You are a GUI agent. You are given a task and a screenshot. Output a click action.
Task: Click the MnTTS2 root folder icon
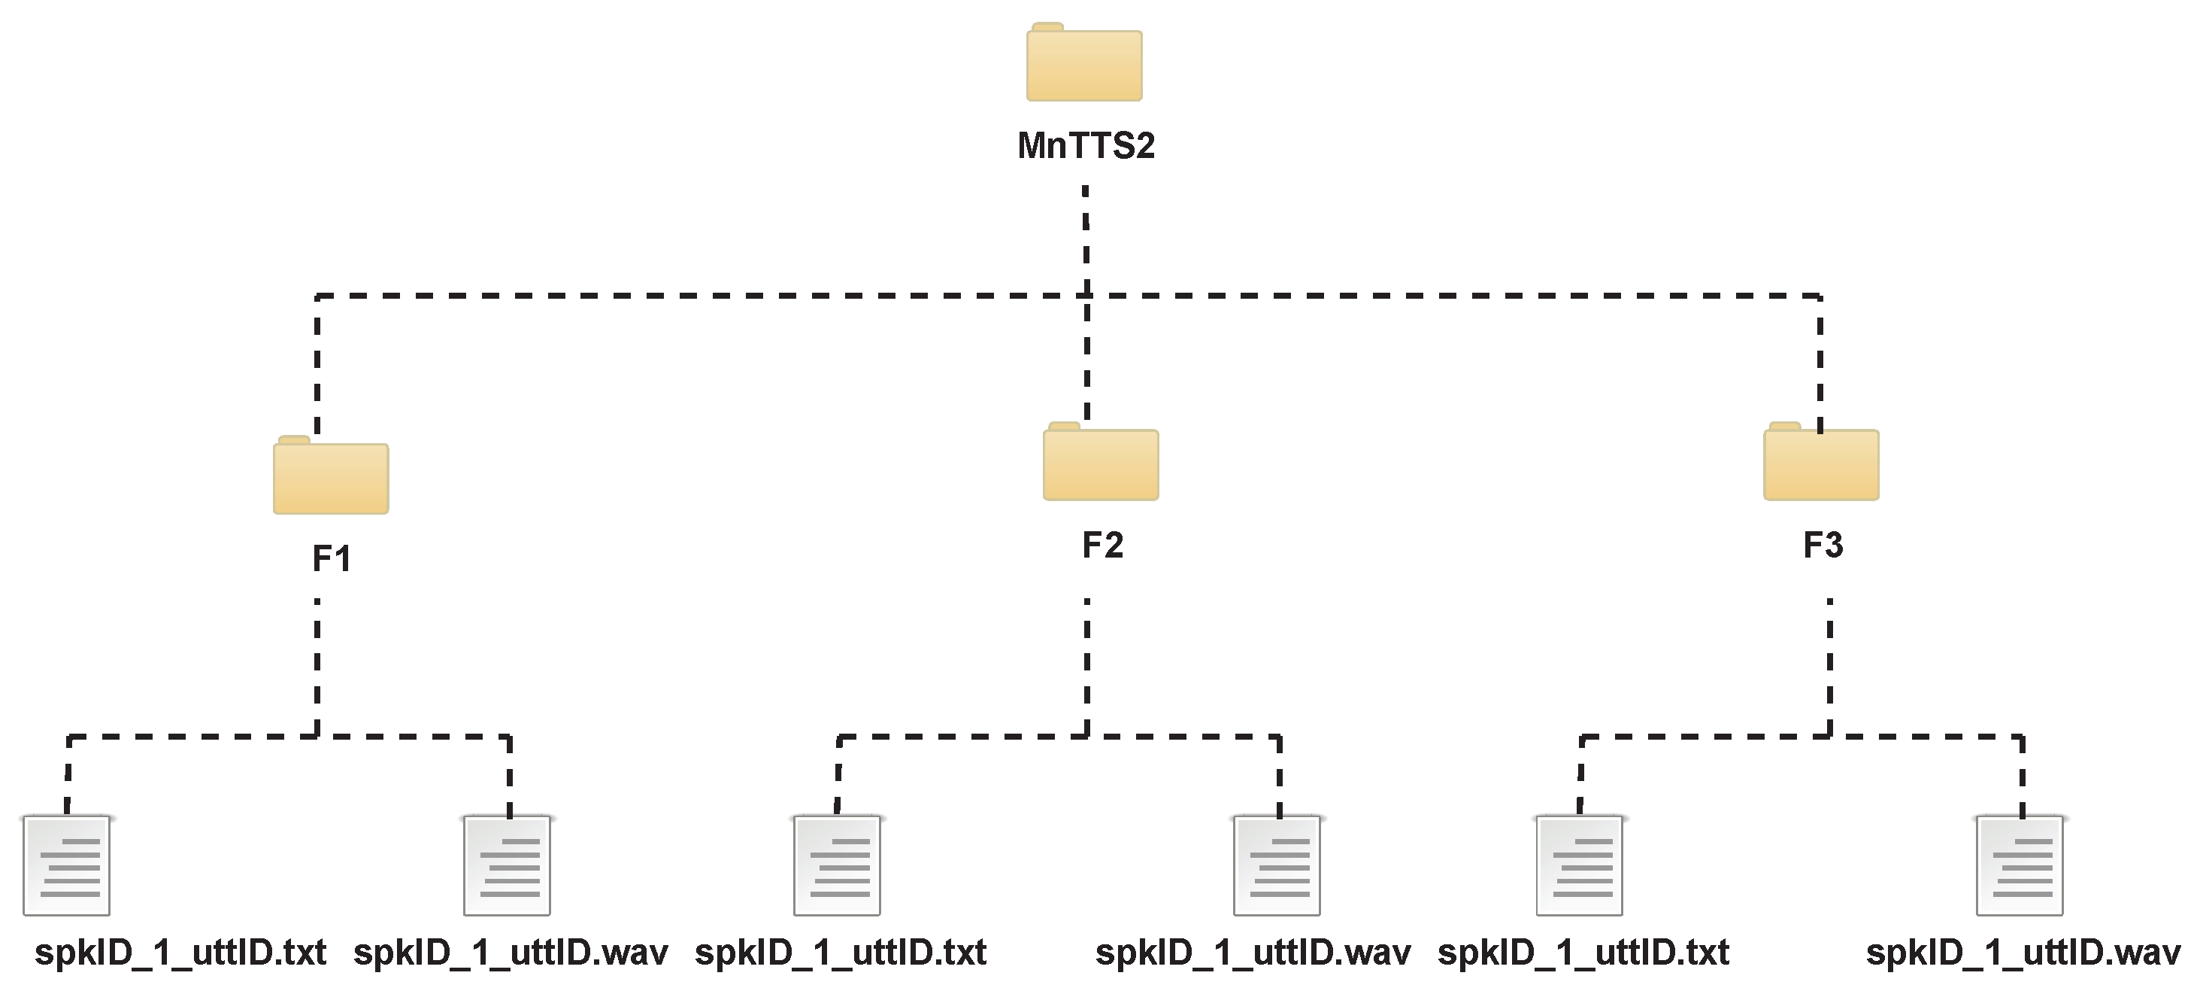(1083, 64)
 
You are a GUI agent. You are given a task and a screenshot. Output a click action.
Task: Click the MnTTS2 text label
(1086, 146)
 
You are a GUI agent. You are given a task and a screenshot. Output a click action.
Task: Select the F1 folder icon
(332, 477)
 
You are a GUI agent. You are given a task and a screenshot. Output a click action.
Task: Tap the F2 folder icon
(1101, 463)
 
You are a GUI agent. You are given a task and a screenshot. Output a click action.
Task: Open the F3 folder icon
(1821, 463)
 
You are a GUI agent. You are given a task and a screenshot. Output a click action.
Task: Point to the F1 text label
(332, 559)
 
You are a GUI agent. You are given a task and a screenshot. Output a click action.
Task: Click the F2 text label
(1102, 545)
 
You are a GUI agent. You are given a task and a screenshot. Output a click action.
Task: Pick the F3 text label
(1823, 545)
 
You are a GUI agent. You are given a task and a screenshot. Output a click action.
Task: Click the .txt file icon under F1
(67, 865)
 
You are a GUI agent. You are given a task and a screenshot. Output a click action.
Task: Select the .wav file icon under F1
(508, 865)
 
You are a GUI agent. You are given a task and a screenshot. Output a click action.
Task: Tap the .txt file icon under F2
(837, 865)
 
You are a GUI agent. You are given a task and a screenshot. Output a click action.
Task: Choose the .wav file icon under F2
(1277, 865)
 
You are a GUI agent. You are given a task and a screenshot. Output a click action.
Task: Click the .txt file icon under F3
(1580, 865)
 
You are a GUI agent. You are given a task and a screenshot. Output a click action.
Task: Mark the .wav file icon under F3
(2020, 865)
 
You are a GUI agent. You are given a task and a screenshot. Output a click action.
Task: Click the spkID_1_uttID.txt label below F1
(180, 953)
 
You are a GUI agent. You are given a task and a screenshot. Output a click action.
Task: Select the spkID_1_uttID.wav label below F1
(511, 953)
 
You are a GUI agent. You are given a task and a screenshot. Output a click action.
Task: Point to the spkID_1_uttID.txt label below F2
(841, 953)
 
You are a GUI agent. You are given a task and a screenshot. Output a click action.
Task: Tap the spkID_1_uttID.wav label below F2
(1253, 953)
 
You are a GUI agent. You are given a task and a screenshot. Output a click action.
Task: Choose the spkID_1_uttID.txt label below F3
(1583, 953)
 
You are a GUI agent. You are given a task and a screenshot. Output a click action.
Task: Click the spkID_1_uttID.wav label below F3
(2023, 953)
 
